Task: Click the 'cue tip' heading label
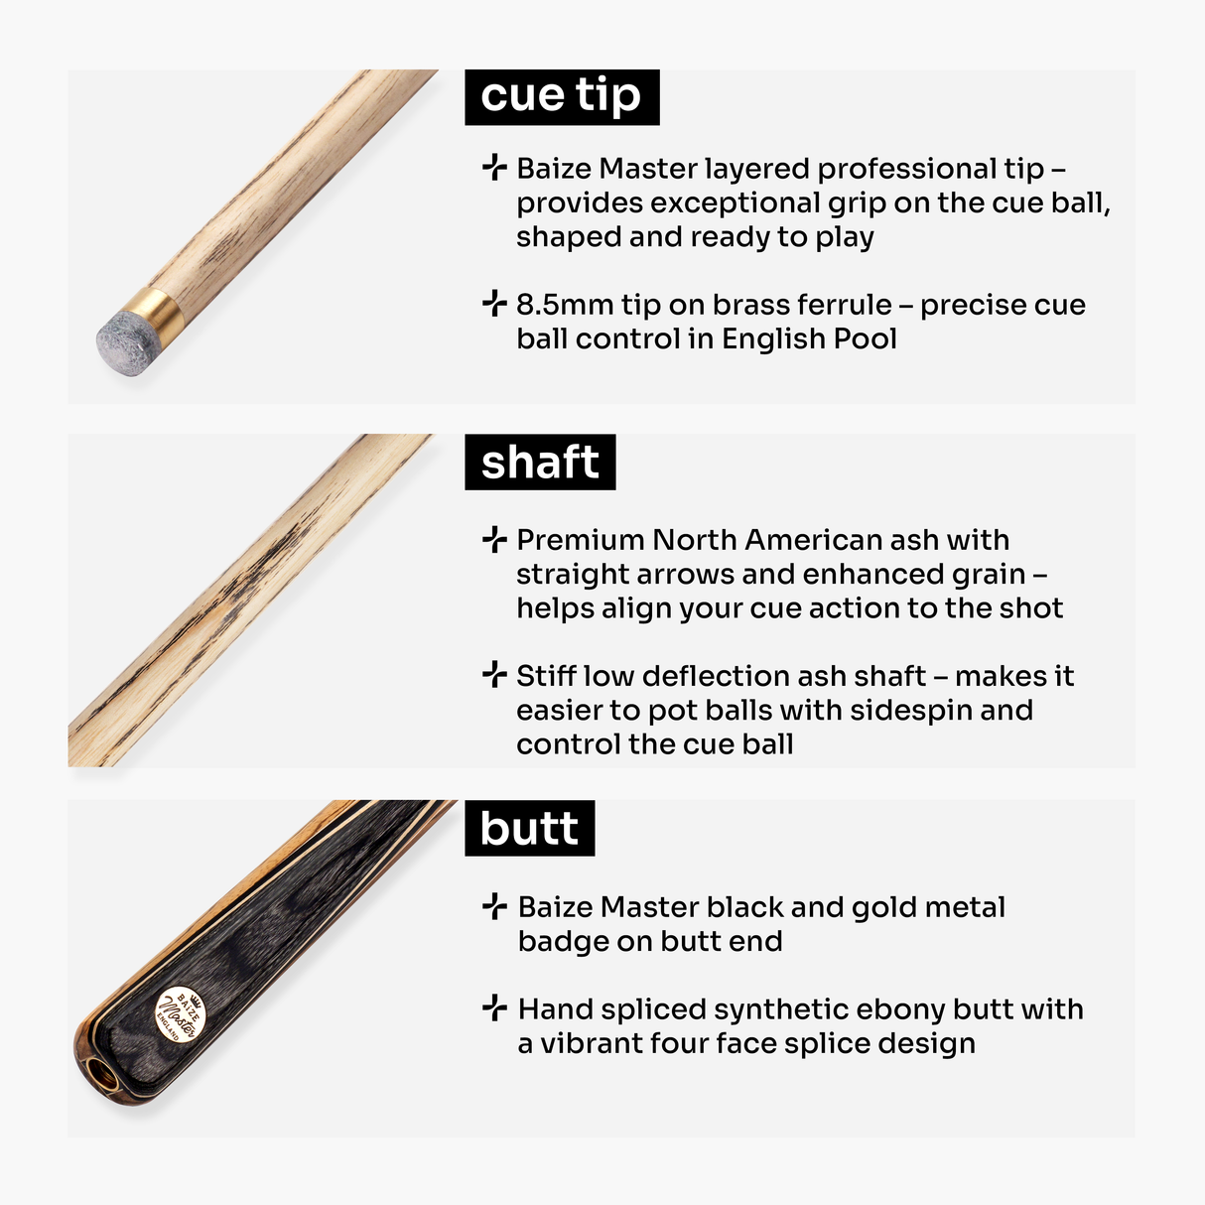point(561,96)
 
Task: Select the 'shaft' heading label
point(540,463)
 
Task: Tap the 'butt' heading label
point(529,829)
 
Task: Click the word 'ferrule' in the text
point(842,305)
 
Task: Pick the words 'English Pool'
point(809,339)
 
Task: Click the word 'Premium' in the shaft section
point(580,540)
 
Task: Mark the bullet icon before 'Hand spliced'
point(494,1008)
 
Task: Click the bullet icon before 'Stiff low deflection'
point(494,676)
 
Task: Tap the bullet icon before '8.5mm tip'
point(494,304)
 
